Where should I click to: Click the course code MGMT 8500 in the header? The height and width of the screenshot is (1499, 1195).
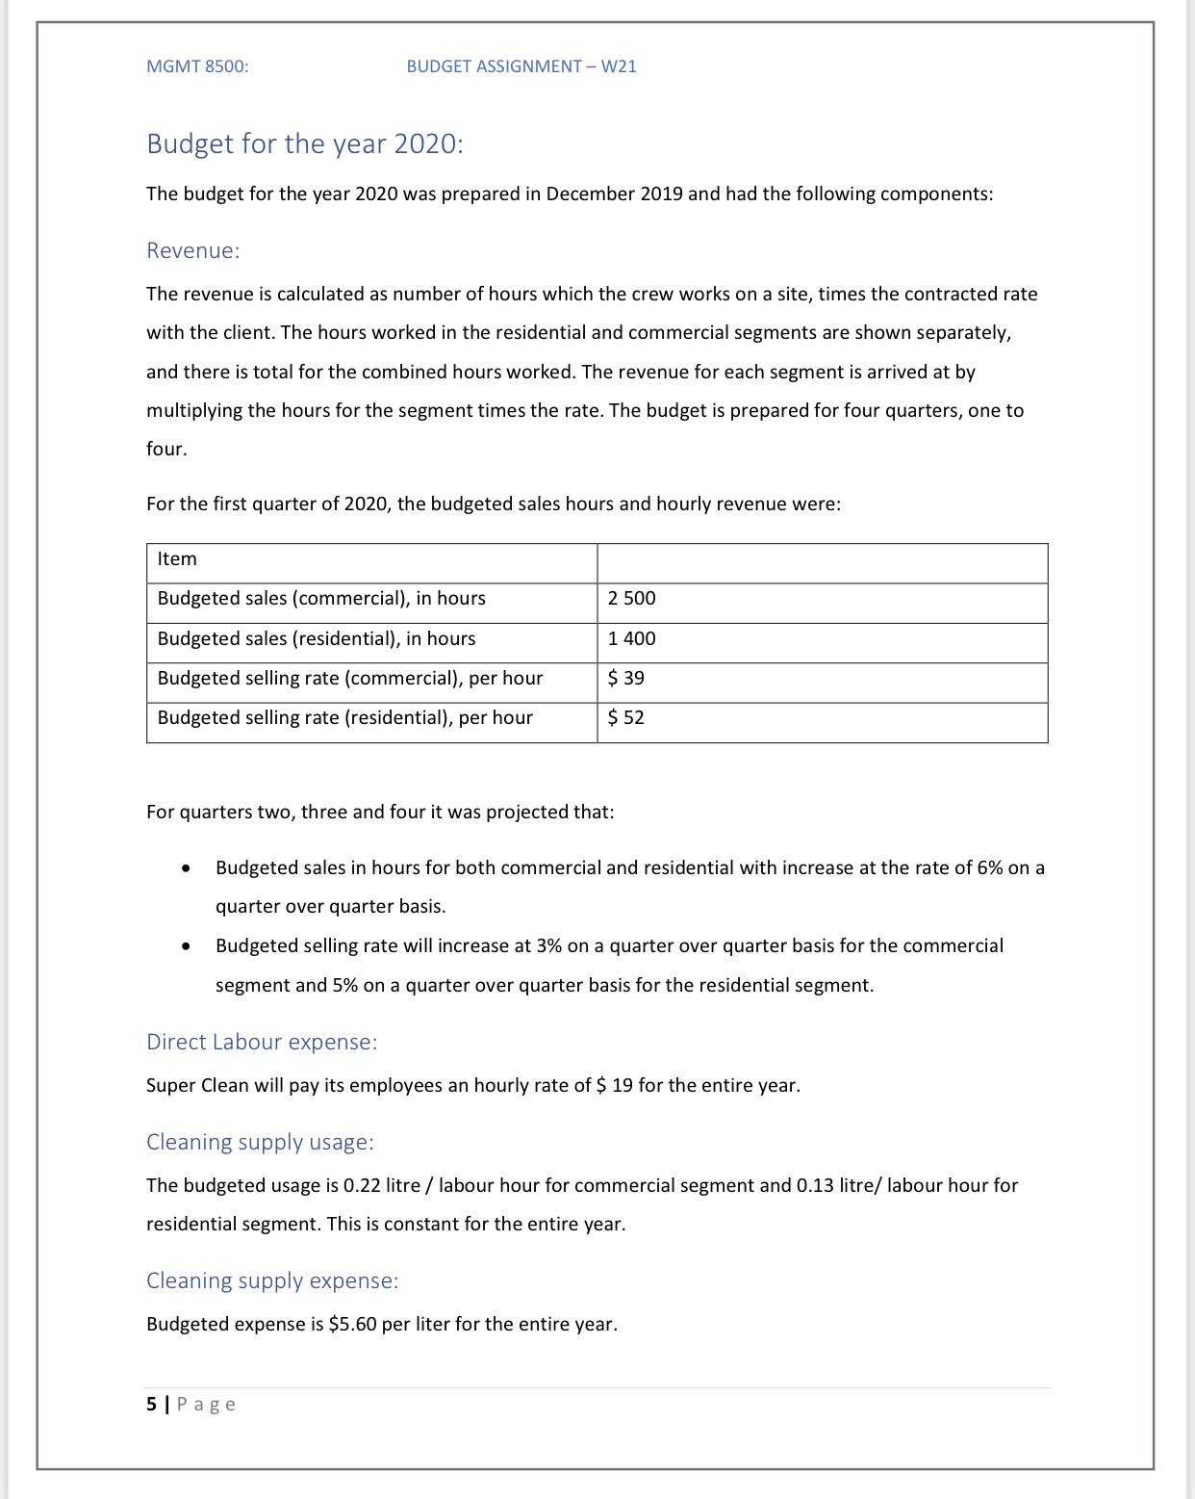[x=197, y=66]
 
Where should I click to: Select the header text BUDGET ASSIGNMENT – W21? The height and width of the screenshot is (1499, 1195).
[x=521, y=66]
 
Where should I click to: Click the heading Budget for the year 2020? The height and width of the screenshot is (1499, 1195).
[x=304, y=143]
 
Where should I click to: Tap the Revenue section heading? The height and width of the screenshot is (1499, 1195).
[x=192, y=250]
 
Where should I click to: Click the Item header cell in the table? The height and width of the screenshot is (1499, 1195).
[x=177, y=559]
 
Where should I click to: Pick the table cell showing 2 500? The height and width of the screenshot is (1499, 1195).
[x=632, y=599]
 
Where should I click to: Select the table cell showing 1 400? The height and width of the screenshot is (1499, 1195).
[x=632, y=639]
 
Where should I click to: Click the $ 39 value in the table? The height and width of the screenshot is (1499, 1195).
[x=626, y=679]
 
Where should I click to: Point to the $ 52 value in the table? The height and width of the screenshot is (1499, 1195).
[x=626, y=718]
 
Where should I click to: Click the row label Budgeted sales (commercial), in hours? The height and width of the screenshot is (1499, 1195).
[x=321, y=599]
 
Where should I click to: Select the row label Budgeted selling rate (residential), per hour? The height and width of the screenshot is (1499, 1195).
[x=344, y=718]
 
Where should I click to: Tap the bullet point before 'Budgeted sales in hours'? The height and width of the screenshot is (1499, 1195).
[x=186, y=868]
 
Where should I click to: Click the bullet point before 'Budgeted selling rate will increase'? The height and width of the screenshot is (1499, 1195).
[x=186, y=946]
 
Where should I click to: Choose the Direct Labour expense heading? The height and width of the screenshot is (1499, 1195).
[x=262, y=1042]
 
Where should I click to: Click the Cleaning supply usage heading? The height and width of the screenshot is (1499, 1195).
[x=260, y=1142]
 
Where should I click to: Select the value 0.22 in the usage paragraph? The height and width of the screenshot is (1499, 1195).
[x=362, y=1186]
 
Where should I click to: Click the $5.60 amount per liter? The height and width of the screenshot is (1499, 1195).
[x=352, y=1325]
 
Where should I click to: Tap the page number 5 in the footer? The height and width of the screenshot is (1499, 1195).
[x=151, y=1405]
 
